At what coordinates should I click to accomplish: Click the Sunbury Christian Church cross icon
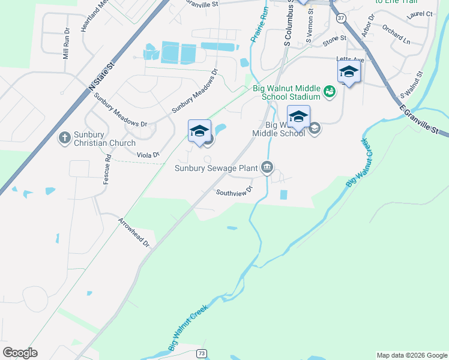tap(65, 138)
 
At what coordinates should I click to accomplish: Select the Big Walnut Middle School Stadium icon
tap(328, 92)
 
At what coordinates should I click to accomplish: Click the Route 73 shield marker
tap(202, 355)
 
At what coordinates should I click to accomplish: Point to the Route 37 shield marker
tap(341, 18)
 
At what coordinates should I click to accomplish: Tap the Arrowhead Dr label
tap(133, 233)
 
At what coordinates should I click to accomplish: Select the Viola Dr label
tap(148, 155)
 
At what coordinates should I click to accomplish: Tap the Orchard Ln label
tap(396, 36)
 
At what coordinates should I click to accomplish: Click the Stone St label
tap(335, 40)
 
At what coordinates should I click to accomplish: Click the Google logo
tap(20, 353)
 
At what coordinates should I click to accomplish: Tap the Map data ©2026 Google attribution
tap(412, 355)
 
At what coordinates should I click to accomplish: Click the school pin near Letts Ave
tap(349, 73)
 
